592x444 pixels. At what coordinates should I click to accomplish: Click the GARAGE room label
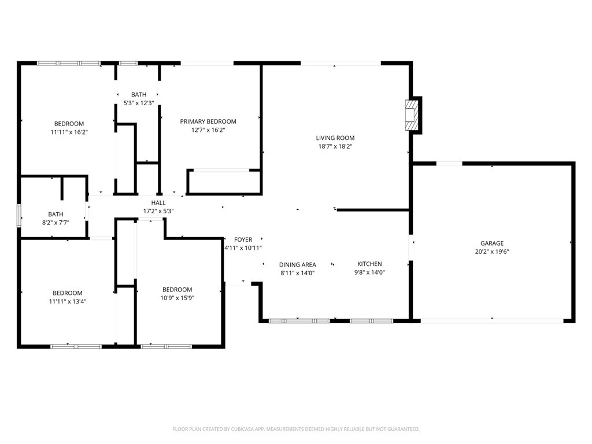click(x=492, y=243)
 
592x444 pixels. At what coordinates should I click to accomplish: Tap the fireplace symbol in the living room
click(x=412, y=116)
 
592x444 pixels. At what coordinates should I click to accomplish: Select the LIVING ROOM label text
click(x=335, y=138)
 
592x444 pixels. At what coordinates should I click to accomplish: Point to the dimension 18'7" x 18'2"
click(x=335, y=147)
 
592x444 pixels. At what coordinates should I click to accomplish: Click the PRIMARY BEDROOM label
click(x=208, y=121)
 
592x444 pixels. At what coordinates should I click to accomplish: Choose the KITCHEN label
click(x=369, y=264)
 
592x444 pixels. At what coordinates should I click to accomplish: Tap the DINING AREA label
click(x=298, y=265)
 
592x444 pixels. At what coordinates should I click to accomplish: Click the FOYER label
click(x=243, y=239)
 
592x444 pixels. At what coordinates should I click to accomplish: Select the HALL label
click(x=158, y=203)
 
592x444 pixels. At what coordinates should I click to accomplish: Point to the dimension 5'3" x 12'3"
click(x=139, y=103)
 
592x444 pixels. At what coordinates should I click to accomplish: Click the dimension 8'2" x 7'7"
click(x=56, y=223)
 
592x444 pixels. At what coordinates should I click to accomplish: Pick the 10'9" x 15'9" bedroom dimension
click(x=177, y=298)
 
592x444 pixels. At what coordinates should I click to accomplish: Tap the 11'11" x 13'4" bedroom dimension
click(x=68, y=301)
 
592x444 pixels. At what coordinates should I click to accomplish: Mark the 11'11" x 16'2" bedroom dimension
click(x=69, y=132)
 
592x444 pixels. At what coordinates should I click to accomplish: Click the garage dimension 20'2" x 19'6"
click(x=492, y=251)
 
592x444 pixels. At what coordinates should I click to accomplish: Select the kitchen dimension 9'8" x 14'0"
click(x=369, y=272)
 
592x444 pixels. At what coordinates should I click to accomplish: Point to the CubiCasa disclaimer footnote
click(x=296, y=429)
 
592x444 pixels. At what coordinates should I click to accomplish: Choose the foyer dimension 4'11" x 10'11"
click(x=243, y=248)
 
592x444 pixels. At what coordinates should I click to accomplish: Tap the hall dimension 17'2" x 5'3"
click(x=158, y=211)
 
